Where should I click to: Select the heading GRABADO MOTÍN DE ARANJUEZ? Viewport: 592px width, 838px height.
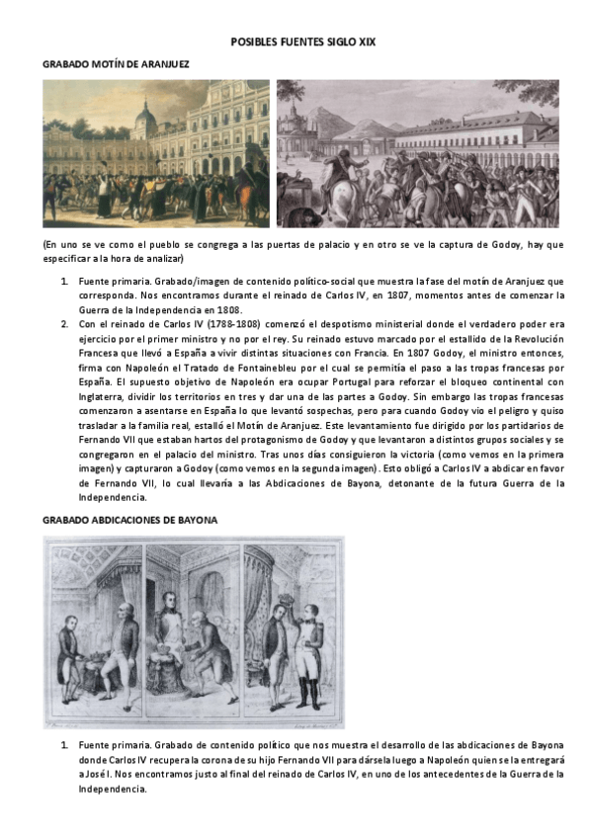click(116, 63)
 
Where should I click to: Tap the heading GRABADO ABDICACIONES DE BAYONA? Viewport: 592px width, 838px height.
click(130, 519)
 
